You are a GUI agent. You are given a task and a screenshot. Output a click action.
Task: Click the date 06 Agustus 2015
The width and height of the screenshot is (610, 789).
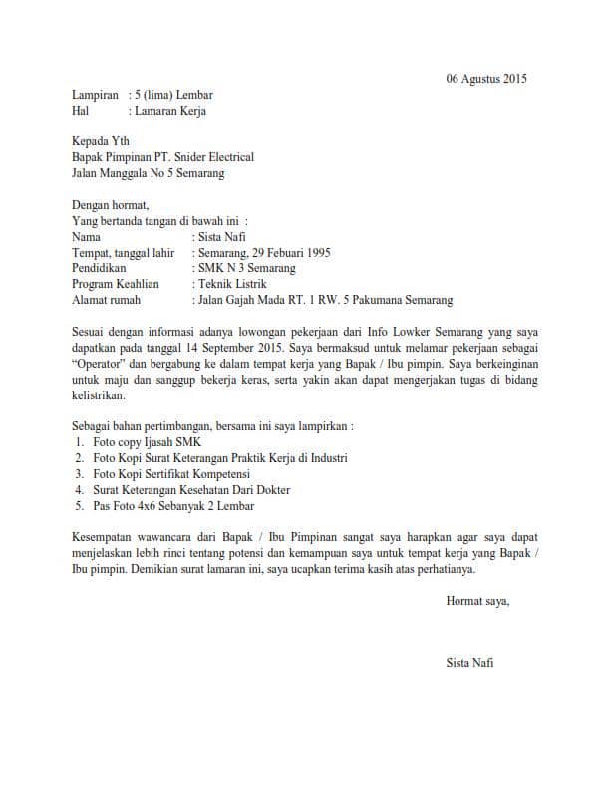tap(486, 78)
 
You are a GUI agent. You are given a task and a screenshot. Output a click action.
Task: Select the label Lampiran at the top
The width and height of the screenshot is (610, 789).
tap(96, 95)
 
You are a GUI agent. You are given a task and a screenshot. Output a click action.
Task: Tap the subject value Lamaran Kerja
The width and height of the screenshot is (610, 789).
tap(167, 111)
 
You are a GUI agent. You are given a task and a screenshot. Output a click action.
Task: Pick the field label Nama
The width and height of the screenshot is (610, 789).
tap(87, 237)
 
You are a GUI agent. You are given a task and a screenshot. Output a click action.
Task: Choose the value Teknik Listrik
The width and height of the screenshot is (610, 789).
tap(233, 284)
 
